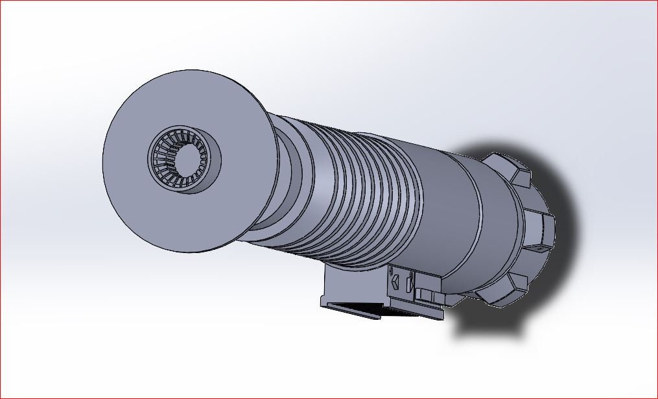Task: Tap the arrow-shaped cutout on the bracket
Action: [394, 281]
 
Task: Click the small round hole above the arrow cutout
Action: [392, 269]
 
